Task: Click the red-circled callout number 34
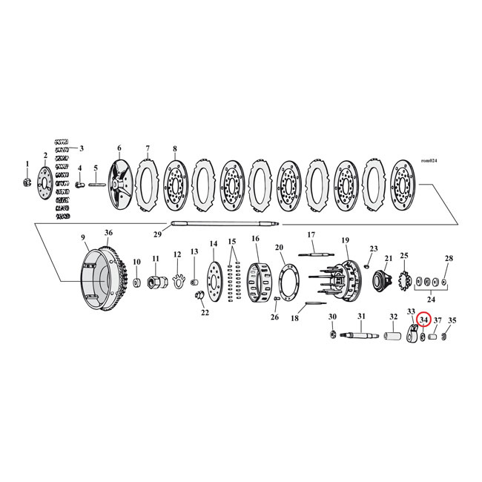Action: click(x=423, y=320)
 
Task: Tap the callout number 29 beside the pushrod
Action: click(x=156, y=234)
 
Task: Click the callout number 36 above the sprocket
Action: click(x=108, y=234)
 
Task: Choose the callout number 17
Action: click(x=311, y=234)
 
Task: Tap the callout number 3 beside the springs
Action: click(x=82, y=148)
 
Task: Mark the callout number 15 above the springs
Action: click(x=232, y=242)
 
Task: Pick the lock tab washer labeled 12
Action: click(x=177, y=280)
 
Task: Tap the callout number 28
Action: click(x=448, y=259)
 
